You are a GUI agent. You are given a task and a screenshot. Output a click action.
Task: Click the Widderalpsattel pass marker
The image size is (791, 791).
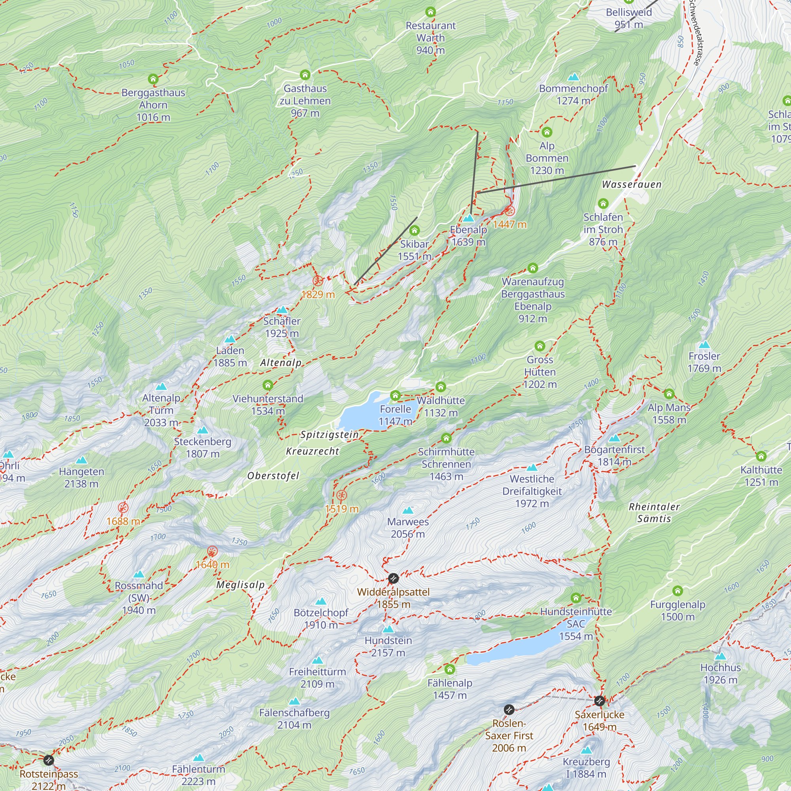pos(393,579)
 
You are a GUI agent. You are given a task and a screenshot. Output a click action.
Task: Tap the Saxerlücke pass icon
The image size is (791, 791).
pos(600,701)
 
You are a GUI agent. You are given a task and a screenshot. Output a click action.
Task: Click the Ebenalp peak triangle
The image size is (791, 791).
pos(468,218)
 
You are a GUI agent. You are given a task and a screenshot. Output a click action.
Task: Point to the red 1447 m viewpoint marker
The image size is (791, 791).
pos(510,211)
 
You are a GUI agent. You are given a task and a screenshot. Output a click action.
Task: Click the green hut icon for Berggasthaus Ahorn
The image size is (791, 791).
pos(153,79)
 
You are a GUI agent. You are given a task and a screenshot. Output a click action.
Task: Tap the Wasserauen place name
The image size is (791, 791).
pos(631,185)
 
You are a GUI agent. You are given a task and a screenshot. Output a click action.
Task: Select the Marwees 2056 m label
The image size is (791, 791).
pos(408,528)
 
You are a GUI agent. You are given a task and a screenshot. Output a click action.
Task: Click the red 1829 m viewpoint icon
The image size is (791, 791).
pos(318,281)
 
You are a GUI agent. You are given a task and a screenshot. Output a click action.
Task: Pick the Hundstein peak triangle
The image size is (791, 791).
pos(388,629)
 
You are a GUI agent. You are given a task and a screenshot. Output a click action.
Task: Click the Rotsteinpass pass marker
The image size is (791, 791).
pos(48,760)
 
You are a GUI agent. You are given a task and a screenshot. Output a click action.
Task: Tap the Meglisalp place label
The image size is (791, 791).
pos(240,585)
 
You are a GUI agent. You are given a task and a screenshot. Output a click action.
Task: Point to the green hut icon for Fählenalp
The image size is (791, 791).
pos(450,670)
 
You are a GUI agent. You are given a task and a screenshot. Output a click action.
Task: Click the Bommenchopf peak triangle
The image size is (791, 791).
pos(573,77)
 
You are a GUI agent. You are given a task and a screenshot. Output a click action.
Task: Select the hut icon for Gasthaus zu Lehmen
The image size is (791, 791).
pos(305,75)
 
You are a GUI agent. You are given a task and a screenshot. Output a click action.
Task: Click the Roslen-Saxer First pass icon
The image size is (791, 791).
pos(509,710)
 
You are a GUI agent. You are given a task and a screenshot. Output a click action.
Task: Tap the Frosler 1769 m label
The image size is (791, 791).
pos(704,362)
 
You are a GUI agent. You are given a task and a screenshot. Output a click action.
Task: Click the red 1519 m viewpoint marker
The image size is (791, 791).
pos(341,496)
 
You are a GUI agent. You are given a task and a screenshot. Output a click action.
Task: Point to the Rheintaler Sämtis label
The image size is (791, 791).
pos(654,513)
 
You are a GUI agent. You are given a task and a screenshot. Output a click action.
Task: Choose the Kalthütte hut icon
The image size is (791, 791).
pos(761,456)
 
